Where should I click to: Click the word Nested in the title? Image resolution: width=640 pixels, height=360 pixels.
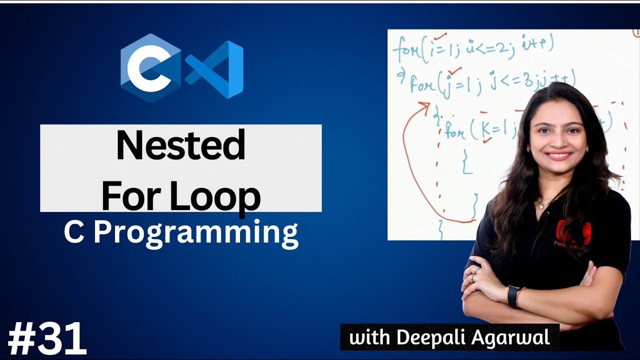(180, 145)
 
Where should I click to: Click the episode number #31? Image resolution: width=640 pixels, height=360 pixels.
(47, 339)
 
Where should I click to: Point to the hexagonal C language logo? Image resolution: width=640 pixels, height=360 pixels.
(150, 67)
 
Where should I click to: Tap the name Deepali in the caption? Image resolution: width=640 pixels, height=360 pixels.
(435, 337)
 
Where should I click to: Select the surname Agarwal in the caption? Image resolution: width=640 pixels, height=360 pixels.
(512, 337)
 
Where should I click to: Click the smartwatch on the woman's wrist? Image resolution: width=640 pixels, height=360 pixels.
(513, 296)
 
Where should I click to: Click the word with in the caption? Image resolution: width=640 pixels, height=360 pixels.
(369, 337)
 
